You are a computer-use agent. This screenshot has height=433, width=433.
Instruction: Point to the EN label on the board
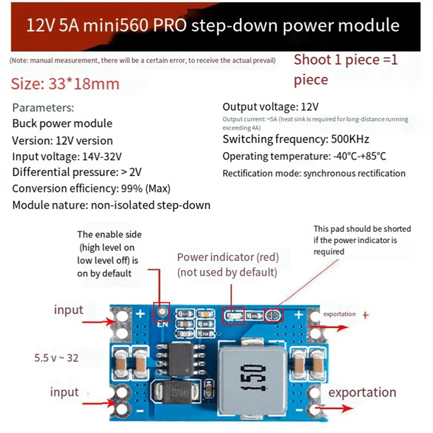point(161,326)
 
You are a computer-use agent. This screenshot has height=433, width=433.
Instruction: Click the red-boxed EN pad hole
point(161,312)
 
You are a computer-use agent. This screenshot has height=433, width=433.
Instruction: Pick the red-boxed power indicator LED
point(233,315)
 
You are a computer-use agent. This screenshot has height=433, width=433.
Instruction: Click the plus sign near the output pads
point(298,314)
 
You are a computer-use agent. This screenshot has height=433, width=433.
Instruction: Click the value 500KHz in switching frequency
point(349,140)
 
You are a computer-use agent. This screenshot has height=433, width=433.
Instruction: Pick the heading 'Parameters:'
point(43,108)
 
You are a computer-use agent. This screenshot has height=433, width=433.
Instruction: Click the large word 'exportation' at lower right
point(362,392)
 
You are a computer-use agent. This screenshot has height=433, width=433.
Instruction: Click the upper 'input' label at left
point(68,310)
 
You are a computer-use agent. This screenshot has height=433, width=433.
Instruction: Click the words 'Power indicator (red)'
point(227,257)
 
